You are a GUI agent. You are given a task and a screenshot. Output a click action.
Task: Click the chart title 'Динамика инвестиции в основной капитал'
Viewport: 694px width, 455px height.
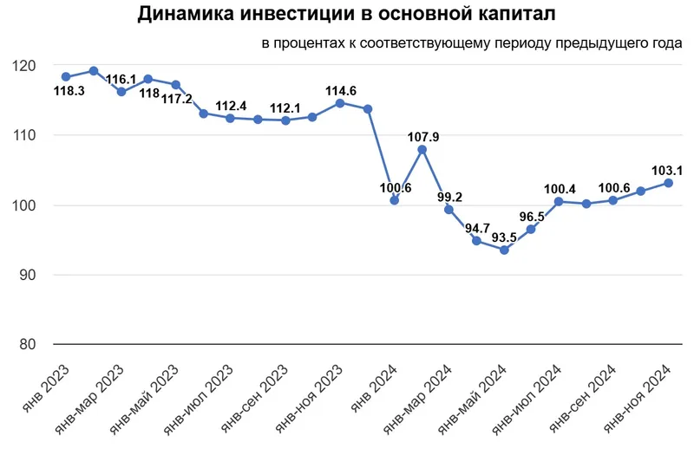(347, 16)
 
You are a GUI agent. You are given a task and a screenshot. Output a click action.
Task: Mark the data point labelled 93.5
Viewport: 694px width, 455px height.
(504, 250)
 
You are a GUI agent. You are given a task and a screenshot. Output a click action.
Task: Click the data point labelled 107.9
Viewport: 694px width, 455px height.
(422, 149)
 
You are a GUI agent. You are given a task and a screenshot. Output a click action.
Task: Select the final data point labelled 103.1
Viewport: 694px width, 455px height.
(669, 183)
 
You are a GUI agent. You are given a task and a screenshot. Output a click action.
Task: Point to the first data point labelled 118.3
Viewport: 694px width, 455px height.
(66, 76)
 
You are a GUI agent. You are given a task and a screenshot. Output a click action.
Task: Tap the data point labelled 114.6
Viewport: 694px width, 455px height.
(340, 102)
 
